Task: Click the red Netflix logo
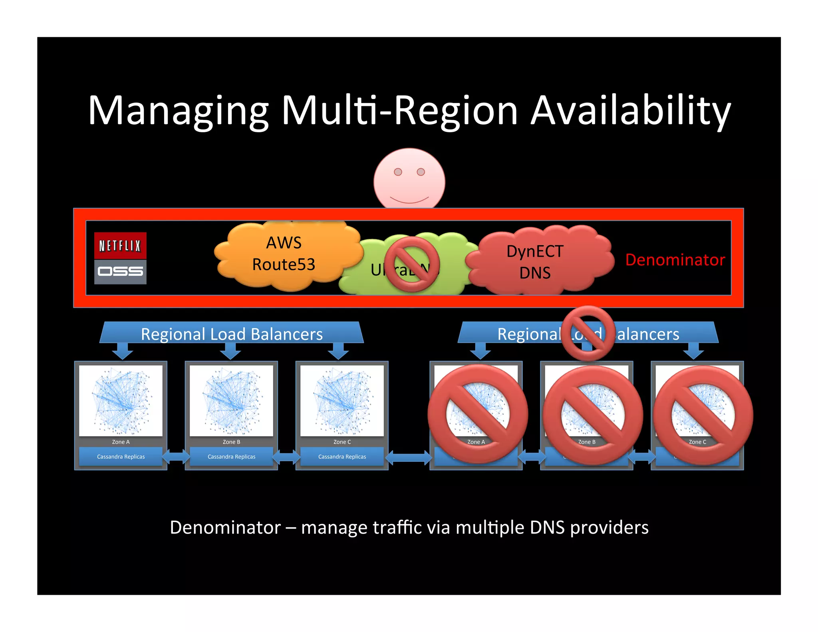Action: click(120, 245)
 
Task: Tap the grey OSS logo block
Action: click(120, 272)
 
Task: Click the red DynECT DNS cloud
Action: click(535, 262)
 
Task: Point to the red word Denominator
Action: click(675, 260)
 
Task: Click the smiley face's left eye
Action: click(398, 172)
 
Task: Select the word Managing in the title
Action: click(178, 111)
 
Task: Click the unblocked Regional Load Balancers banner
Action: click(232, 334)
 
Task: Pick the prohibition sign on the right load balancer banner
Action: click(588, 333)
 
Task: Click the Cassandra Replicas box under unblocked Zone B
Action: click(231, 457)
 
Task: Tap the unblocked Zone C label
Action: click(342, 442)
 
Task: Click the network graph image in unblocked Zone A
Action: click(121, 400)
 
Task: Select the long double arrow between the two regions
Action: click(409, 457)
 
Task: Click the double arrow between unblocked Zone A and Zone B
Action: click(176, 457)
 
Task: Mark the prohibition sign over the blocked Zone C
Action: click(703, 415)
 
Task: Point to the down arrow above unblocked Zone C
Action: click(338, 351)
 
